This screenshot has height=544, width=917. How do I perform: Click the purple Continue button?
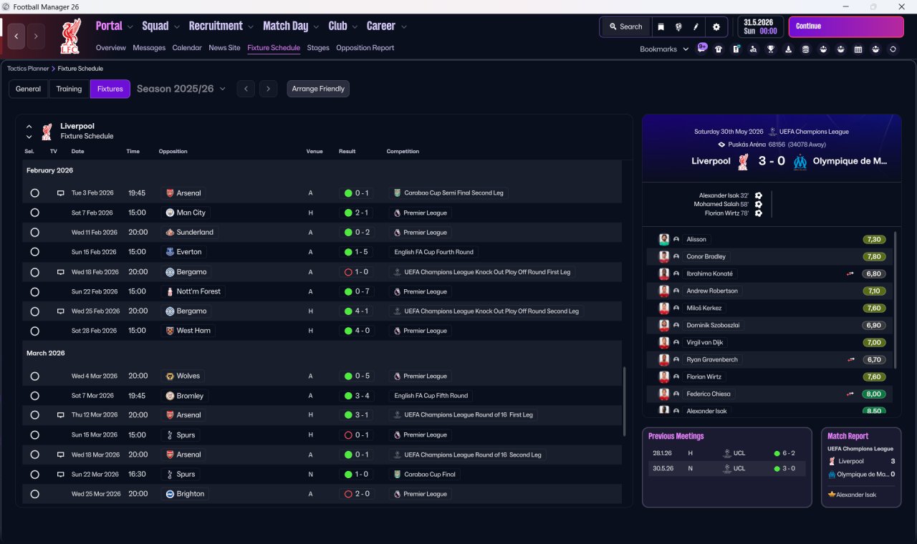click(x=845, y=26)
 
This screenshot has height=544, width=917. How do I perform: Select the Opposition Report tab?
click(x=365, y=48)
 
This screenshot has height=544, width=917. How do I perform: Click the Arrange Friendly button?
click(x=318, y=89)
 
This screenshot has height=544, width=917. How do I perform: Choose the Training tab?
click(x=69, y=89)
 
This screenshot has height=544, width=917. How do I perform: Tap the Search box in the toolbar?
click(x=625, y=26)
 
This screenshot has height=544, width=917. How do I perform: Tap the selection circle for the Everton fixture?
click(x=34, y=252)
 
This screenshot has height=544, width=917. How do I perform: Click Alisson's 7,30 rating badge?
click(x=875, y=239)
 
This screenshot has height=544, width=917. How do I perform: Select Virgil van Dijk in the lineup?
click(x=706, y=342)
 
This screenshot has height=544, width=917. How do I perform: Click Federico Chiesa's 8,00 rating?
click(x=875, y=394)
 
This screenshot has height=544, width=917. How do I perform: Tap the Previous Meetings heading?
click(x=676, y=436)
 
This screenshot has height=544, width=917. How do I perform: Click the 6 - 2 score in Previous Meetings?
click(x=789, y=453)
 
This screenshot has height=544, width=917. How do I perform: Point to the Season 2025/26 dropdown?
click(x=181, y=89)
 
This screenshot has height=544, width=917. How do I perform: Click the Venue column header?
click(x=315, y=152)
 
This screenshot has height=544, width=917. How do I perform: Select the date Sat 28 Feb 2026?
click(x=94, y=331)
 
